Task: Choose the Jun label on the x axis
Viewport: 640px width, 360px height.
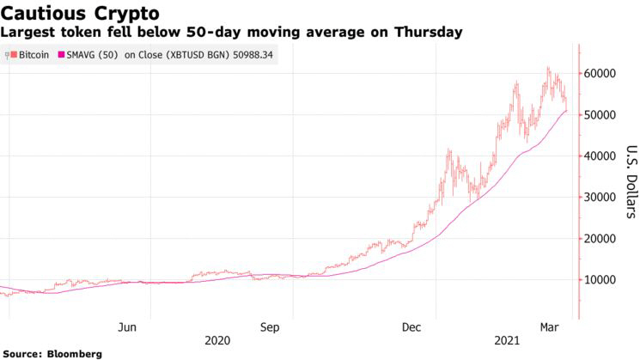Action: [127, 326]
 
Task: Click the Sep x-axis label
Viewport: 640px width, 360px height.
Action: [270, 326]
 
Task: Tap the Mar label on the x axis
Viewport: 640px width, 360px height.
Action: [551, 326]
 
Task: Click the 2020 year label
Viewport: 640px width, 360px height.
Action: [218, 340]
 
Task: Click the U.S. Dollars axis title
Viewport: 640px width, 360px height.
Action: [630, 180]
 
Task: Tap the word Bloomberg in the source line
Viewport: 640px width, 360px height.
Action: [75, 353]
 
